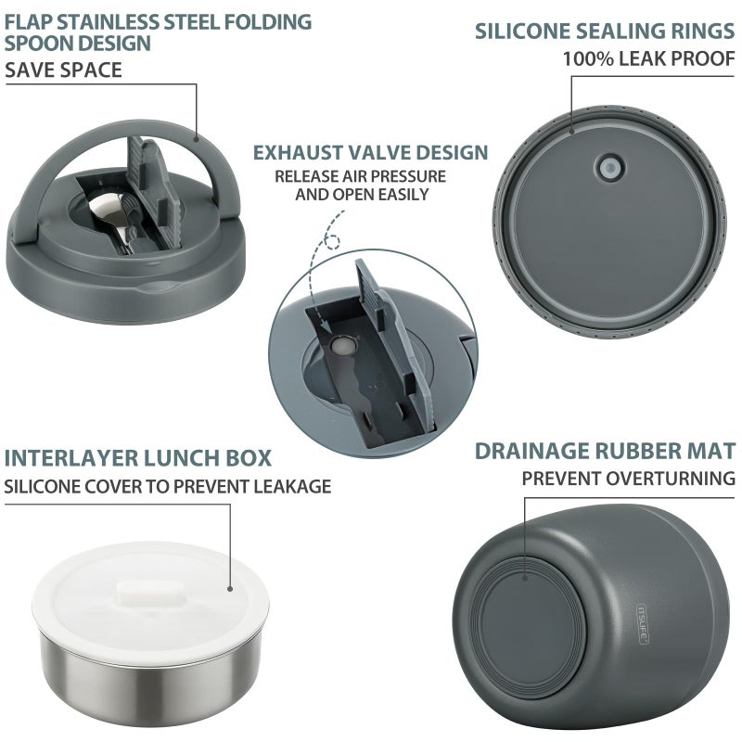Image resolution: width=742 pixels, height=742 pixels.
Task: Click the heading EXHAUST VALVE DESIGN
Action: coord(370,152)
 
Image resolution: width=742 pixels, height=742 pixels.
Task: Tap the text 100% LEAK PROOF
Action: coord(648,58)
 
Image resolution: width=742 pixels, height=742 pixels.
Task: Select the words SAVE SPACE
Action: coord(63,70)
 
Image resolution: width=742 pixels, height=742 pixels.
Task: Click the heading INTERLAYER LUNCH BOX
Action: coord(137,457)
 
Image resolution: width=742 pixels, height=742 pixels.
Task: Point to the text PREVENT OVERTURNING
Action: coord(629,479)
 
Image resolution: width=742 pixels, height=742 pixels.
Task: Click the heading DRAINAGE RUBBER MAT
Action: coord(606,451)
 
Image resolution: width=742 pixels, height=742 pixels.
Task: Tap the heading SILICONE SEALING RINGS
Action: coord(605,32)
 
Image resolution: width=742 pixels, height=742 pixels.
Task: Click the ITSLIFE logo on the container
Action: coord(643,624)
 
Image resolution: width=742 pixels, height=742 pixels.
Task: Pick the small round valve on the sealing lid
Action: coord(609,168)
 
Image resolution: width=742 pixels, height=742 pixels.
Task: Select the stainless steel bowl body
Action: coord(150,678)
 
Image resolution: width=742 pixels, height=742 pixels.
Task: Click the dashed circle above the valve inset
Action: coord(333,242)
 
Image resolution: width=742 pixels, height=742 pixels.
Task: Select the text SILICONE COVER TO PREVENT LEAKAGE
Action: coord(168,486)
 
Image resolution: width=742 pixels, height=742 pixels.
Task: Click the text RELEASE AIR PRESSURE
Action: coord(360,176)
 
